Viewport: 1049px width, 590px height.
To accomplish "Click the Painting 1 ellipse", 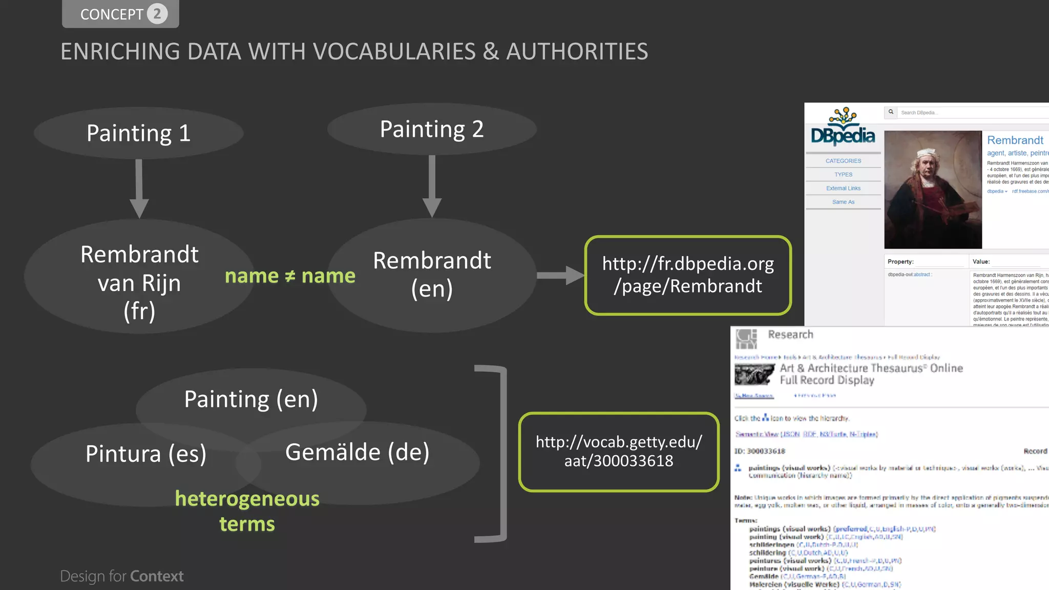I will (138, 133).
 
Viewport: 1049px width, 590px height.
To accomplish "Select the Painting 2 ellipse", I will (432, 129).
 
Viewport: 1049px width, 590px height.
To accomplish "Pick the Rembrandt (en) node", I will (432, 275).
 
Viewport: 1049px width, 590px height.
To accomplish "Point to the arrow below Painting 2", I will (432, 185).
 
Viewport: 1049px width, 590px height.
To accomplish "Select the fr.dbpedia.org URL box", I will (688, 275).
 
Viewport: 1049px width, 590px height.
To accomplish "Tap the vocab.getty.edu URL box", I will (619, 451).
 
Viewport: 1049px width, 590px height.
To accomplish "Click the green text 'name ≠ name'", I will (290, 276).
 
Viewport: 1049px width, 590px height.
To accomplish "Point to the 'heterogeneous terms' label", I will (247, 511).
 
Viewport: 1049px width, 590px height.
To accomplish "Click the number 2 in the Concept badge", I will (157, 14).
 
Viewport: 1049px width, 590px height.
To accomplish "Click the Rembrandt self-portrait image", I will (933, 189).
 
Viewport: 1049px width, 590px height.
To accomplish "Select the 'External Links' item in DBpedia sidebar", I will (843, 188).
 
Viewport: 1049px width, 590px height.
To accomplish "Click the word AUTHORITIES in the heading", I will (577, 52).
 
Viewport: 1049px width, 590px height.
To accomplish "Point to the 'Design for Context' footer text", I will (122, 576).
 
